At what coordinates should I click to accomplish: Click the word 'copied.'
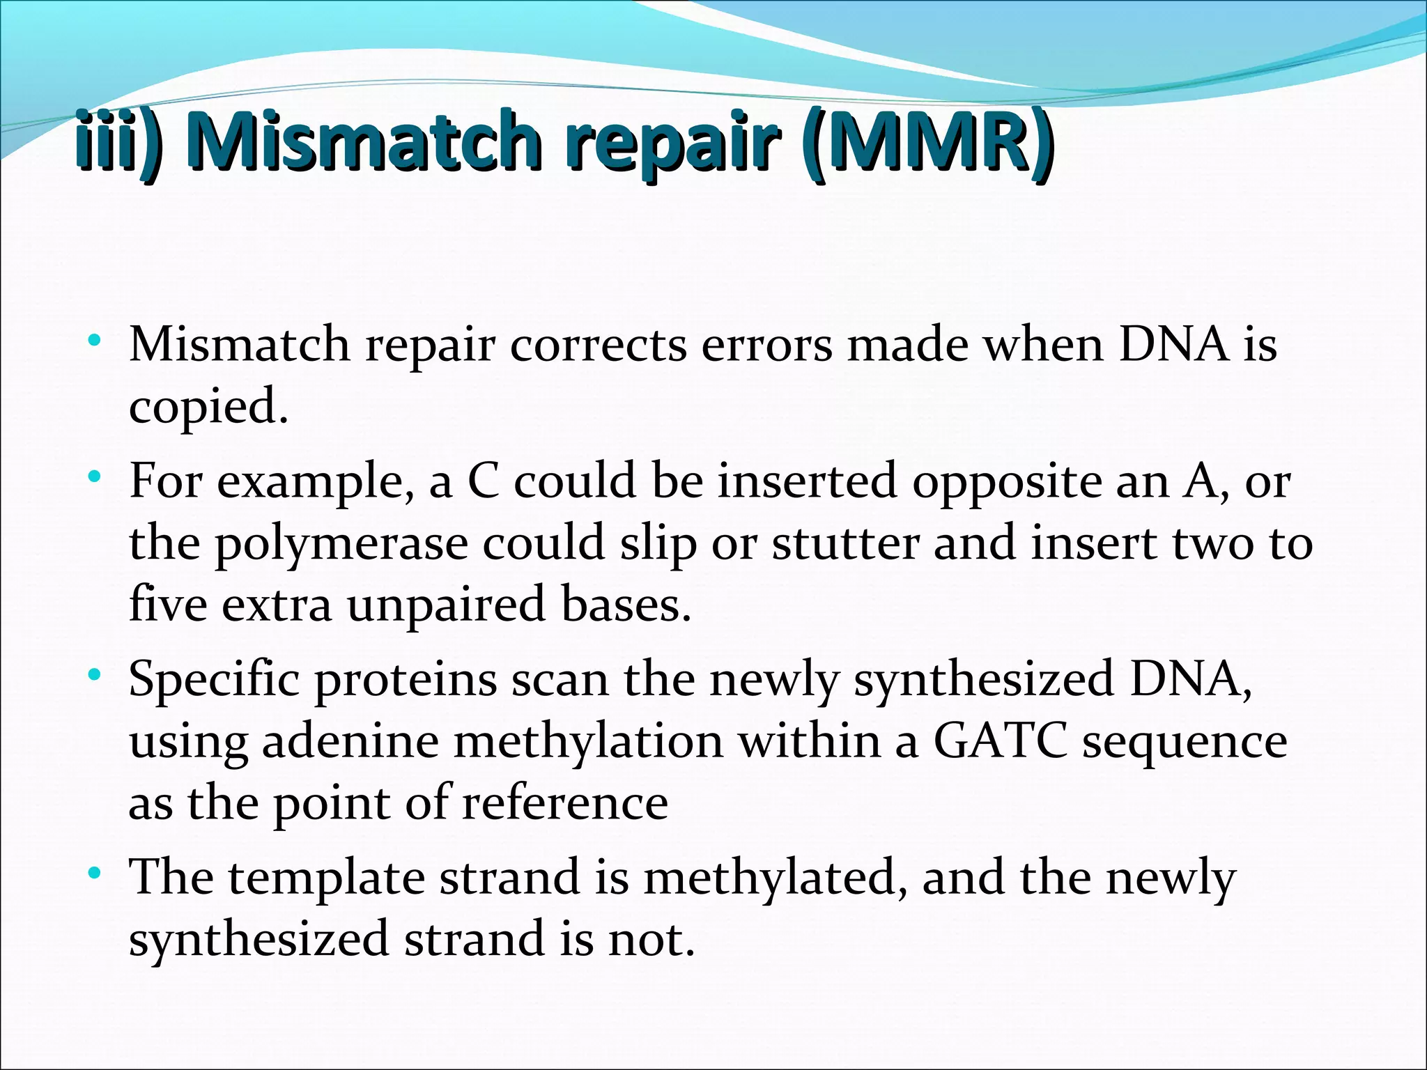tap(208, 407)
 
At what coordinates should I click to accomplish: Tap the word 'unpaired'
tap(446, 605)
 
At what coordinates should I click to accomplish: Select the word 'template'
tap(326, 878)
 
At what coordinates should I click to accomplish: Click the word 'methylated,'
tap(775, 878)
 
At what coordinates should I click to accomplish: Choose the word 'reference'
tap(564, 802)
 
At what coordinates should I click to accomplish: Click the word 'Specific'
tap(214, 680)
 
